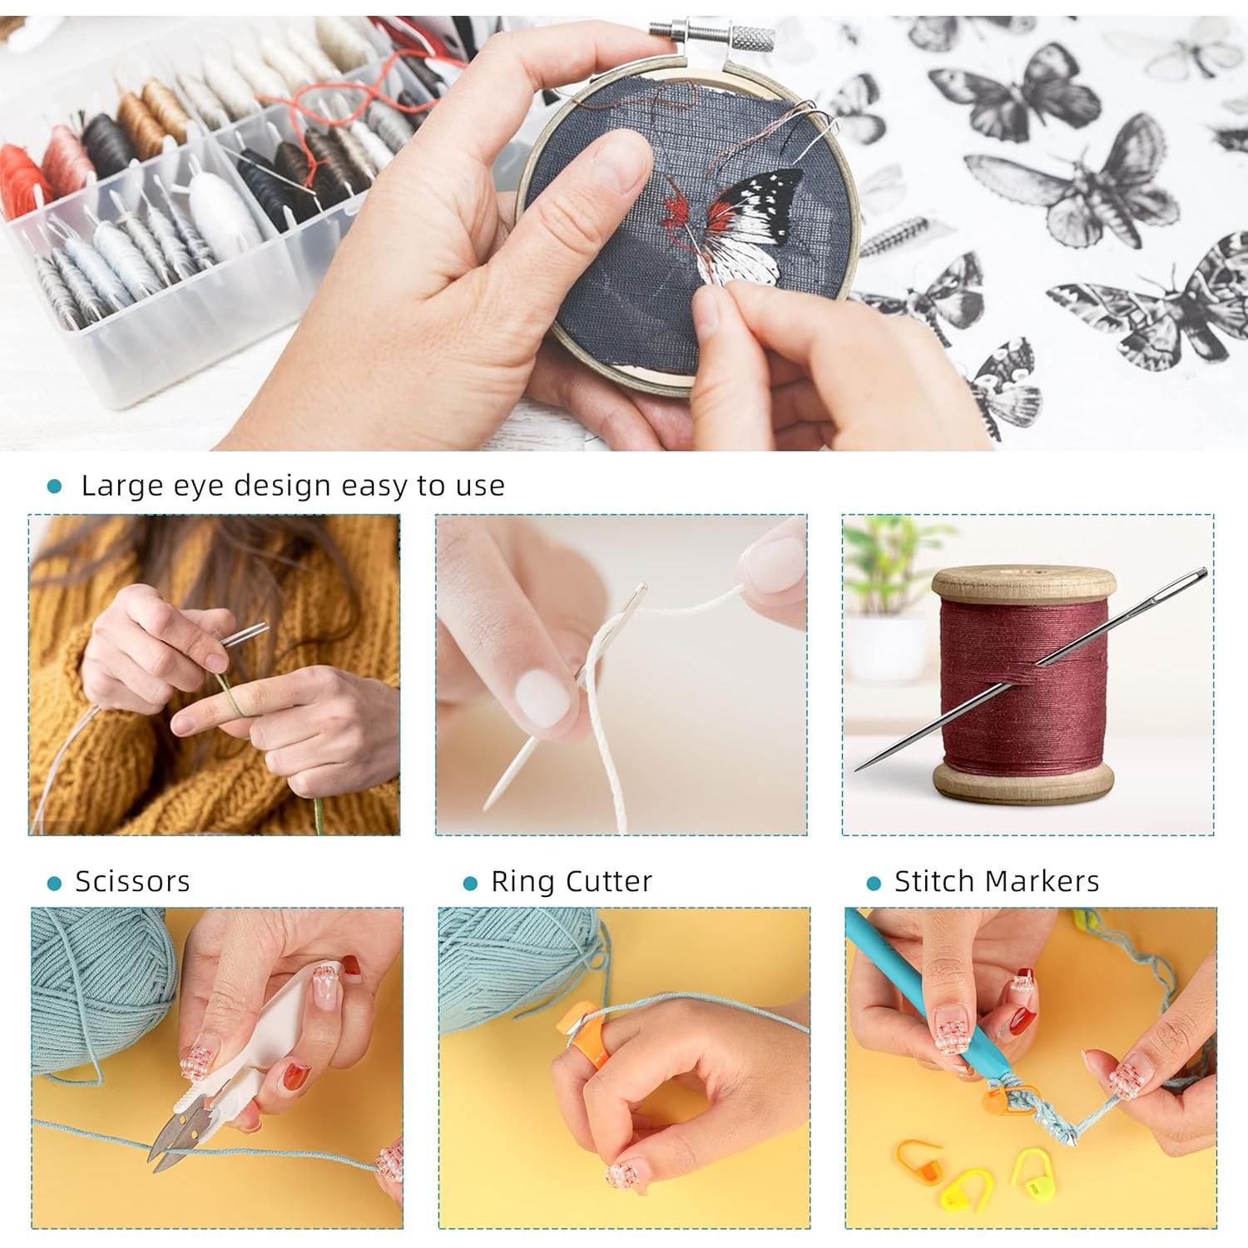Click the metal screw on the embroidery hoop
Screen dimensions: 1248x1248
[712, 36]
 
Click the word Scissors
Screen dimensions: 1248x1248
[132, 881]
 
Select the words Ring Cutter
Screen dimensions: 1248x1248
[571, 881]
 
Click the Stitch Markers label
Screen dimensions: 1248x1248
[996, 881]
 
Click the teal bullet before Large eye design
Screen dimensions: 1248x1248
[55, 487]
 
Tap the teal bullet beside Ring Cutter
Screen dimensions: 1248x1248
[470, 884]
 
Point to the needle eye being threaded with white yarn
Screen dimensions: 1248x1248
[636, 595]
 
